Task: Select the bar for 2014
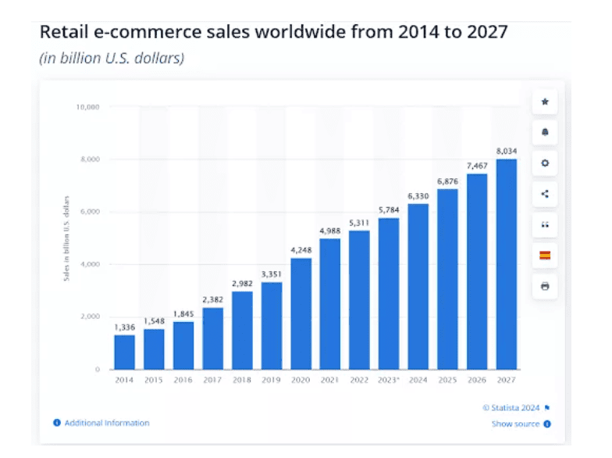coord(125,352)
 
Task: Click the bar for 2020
coord(301,313)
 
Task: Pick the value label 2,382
coord(212,299)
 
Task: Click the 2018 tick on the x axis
coord(242,381)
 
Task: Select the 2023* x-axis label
coord(389,381)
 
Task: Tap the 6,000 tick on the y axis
coord(91,212)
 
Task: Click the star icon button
coord(545,102)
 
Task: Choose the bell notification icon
coord(545,132)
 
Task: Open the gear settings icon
coord(545,163)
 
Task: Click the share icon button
coord(545,194)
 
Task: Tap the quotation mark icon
coord(545,224)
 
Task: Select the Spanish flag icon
coord(545,256)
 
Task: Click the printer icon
coord(545,286)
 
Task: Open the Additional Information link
coord(106,423)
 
